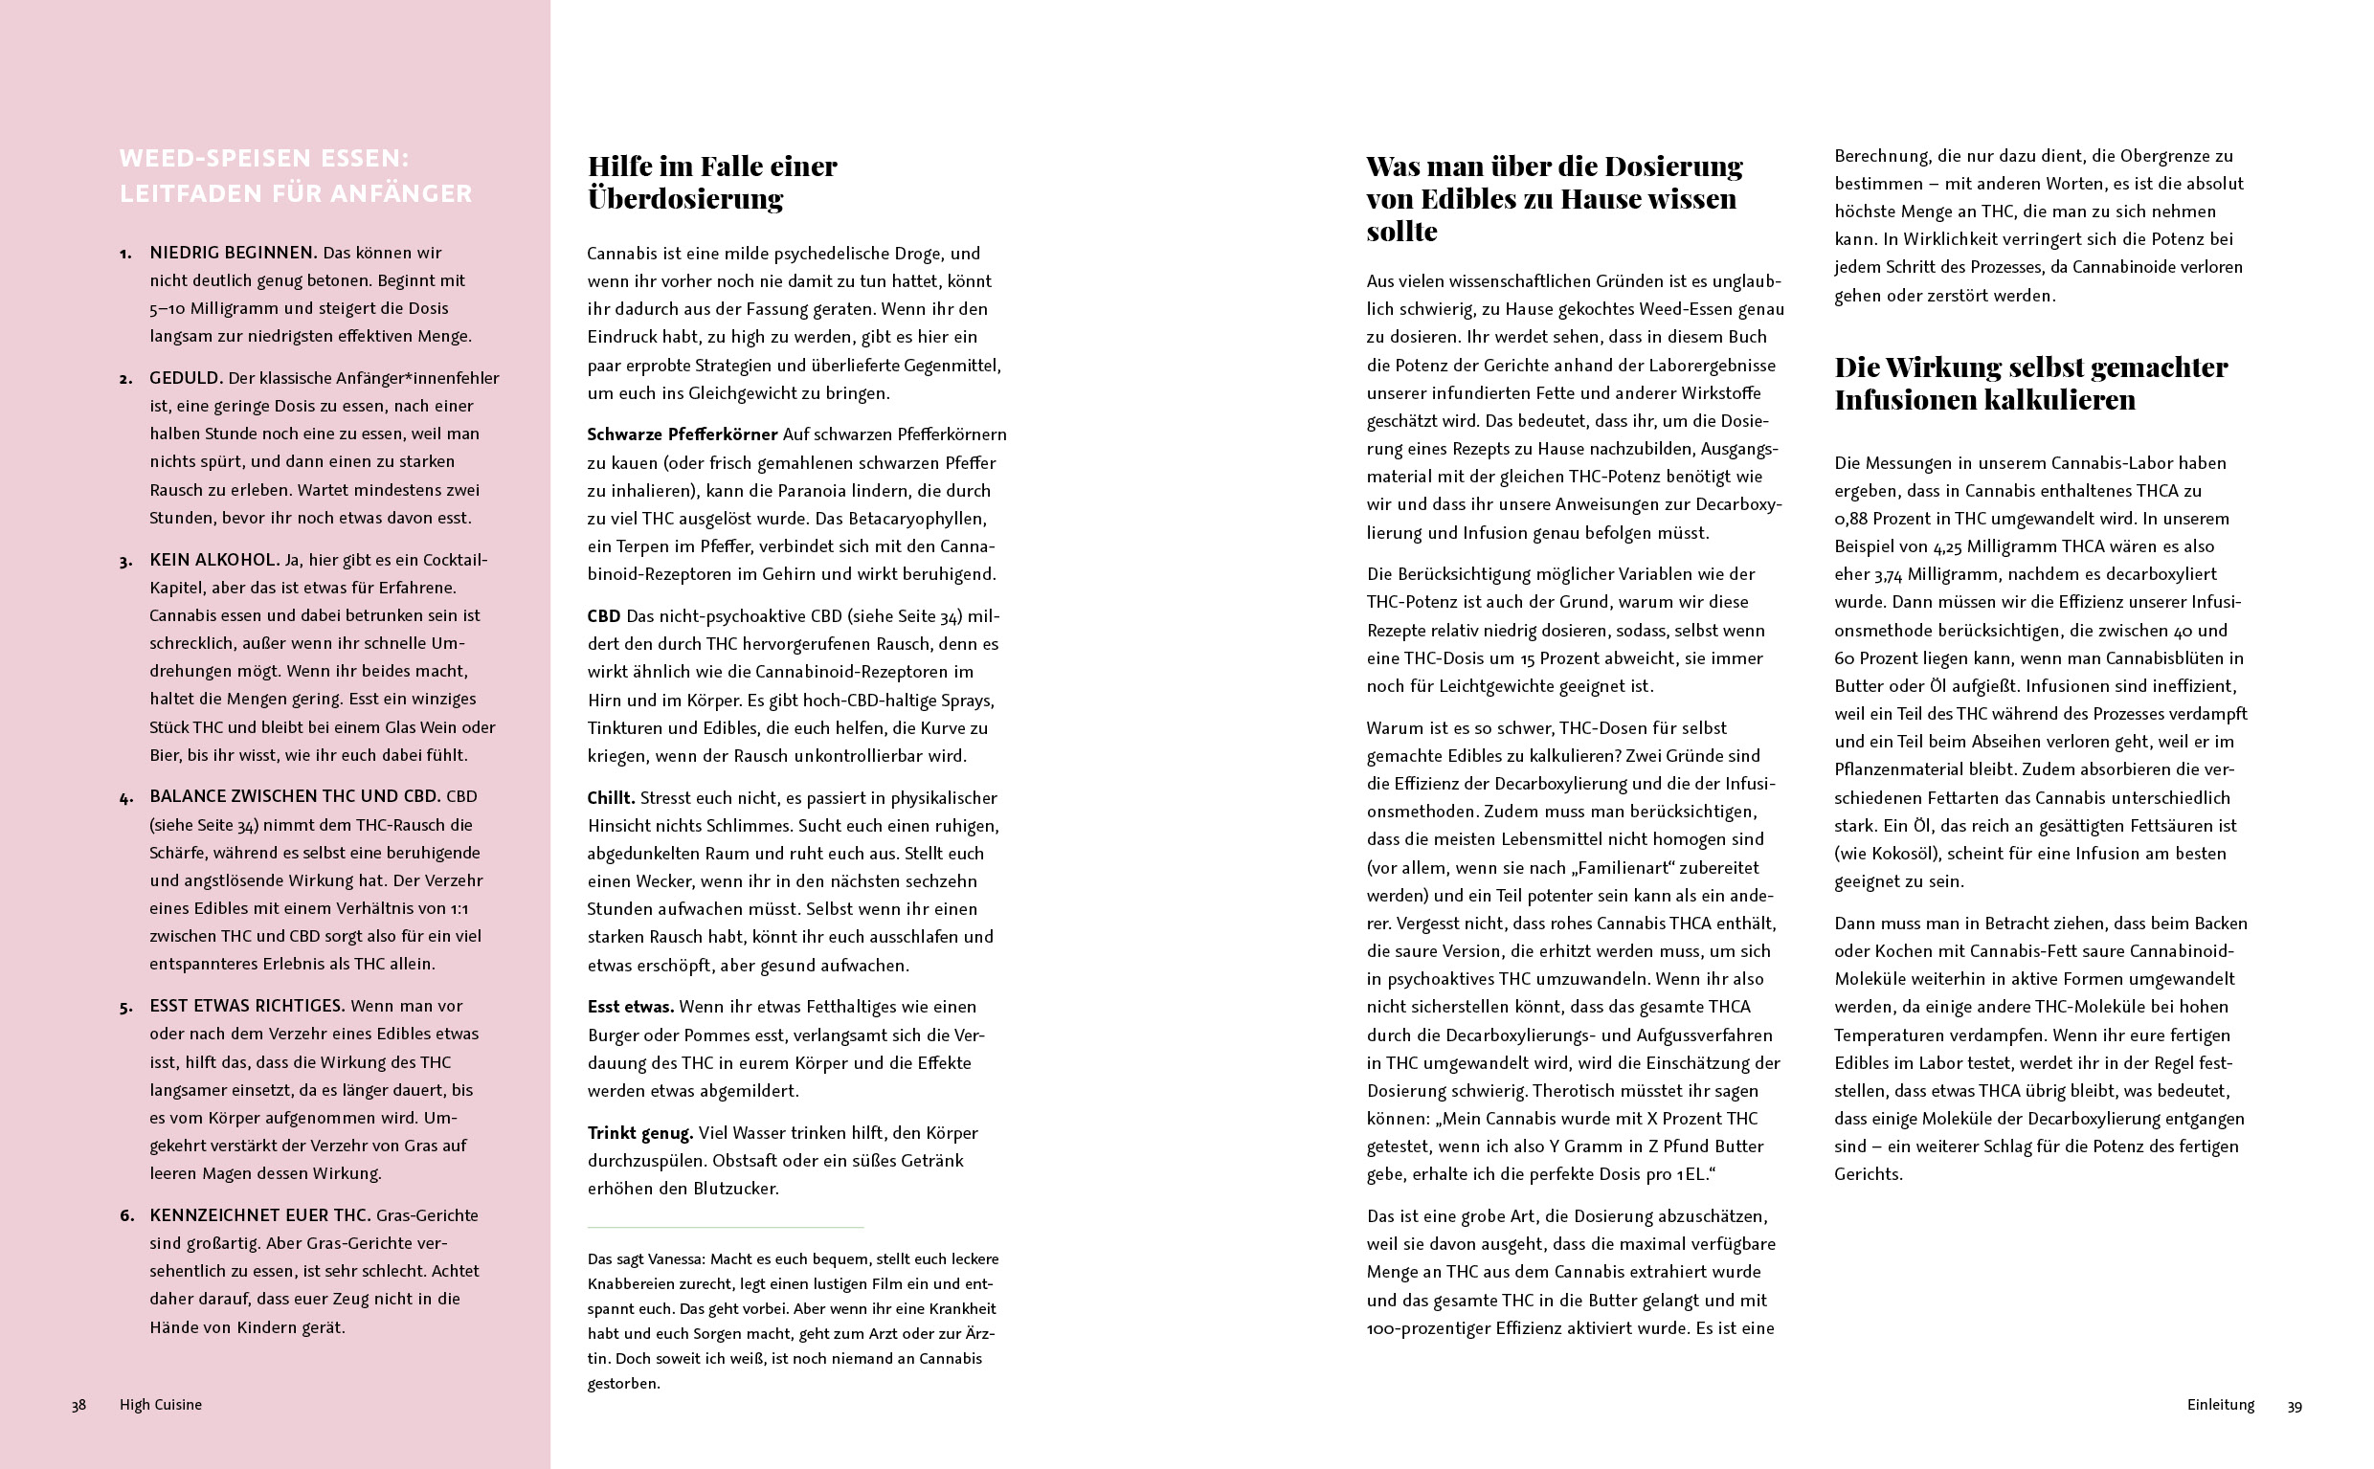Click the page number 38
(78, 1404)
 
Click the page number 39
(2295, 1406)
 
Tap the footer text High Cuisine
(160, 1404)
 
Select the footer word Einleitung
(2221, 1404)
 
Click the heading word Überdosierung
(685, 199)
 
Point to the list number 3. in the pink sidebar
(126, 562)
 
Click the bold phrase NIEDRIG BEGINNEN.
(234, 253)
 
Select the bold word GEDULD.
(187, 378)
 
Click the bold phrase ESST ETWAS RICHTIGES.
(247, 1006)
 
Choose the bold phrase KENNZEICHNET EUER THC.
(259, 1214)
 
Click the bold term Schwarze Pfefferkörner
(683, 434)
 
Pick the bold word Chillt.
(611, 797)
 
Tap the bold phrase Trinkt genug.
(639, 1133)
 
